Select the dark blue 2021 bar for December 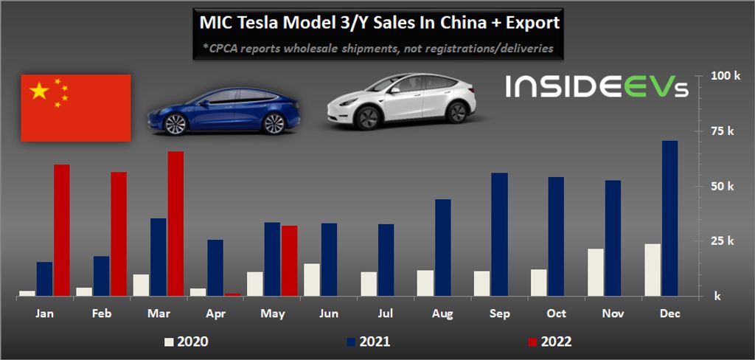tap(669, 218)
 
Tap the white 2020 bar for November tap(596, 272)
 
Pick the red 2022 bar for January tap(62, 229)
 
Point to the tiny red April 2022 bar tap(233, 294)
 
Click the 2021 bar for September tap(499, 235)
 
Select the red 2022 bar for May tap(289, 260)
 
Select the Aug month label tap(442, 314)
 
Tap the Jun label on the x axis tap(328, 314)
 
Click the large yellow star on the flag tap(38, 91)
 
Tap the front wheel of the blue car tap(175, 124)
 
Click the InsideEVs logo tap(596, 87)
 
